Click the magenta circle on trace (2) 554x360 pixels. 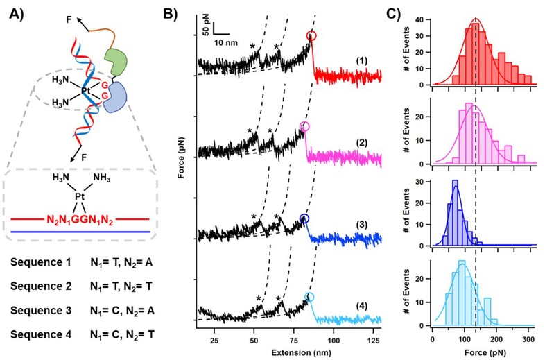304,126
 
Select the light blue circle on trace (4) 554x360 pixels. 309,297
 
